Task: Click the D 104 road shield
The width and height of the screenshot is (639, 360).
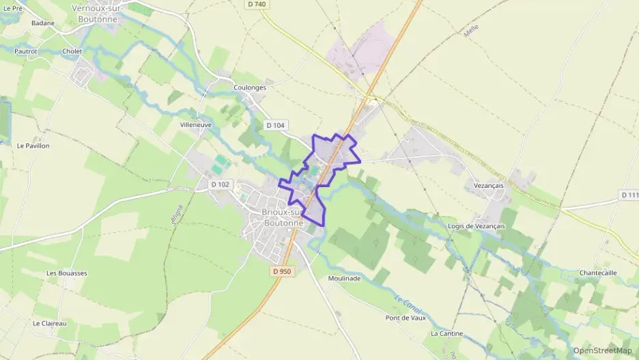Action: [276, 125]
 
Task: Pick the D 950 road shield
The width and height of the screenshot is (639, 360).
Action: [281, 271]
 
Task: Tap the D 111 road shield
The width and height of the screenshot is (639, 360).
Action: [629, 195]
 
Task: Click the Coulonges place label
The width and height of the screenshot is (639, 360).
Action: [249, 87]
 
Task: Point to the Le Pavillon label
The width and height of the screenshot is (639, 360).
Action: [33, 146]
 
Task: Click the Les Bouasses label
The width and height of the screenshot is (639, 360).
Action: [67, 273]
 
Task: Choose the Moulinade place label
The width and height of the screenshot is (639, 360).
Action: [344, 279]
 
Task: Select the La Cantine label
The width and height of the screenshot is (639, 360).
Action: [447, 333]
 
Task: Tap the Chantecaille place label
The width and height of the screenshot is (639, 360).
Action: [598, 273]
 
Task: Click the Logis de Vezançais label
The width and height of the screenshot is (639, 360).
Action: [477, 226]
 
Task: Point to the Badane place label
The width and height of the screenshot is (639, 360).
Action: [42, 23]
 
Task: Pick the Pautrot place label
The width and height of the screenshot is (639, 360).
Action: [25, 51]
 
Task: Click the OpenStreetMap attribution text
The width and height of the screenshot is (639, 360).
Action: [603, 350]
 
